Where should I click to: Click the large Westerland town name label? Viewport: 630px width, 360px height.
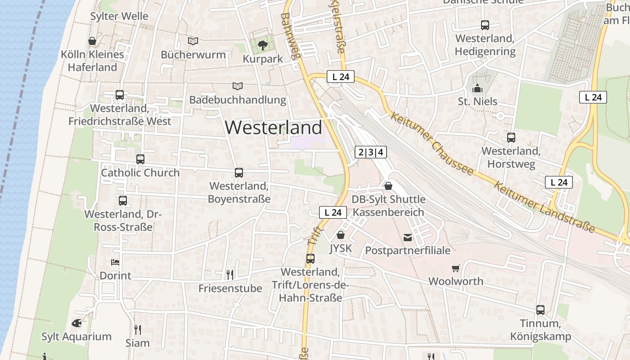pos(274,127)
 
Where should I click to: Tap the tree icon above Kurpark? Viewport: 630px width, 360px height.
pos(263,45)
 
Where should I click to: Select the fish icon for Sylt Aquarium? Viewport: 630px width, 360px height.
pos(76,323)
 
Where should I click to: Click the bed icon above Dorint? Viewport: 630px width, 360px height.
pos(115,262)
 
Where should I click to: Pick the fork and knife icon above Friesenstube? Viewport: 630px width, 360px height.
pos(230,274)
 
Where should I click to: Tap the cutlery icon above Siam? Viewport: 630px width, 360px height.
pos(137,329)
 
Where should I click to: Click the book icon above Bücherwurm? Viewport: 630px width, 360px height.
pos(193,41)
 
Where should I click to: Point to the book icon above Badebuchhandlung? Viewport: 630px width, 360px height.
pos(237,86)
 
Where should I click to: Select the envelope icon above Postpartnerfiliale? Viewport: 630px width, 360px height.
pos(408,237)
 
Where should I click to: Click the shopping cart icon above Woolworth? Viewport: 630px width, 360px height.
pos(456,268)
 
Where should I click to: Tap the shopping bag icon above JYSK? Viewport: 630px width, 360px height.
pos(341,235)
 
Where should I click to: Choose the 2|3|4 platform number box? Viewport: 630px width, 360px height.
pos(371,152)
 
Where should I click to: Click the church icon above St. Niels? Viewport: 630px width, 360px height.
pos(477,88)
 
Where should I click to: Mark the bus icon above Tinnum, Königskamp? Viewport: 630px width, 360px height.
pos(540,310)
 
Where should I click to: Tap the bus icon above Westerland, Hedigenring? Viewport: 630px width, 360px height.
pos(485,25)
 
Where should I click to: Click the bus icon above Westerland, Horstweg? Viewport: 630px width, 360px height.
pos(511,138)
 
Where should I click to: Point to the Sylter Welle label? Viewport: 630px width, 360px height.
pos(119,16)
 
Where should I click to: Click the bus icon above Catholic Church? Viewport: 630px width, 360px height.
pos(140,159)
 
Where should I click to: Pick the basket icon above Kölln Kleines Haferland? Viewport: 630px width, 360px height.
pos(92,41)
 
